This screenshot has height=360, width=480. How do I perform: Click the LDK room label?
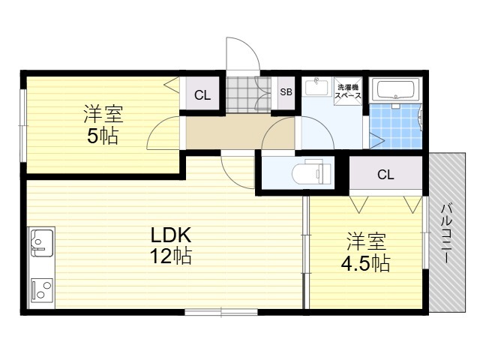tap(171, 235)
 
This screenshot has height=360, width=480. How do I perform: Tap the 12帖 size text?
tap(171, 256)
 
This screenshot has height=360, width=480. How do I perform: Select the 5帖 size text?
tap(103, 136)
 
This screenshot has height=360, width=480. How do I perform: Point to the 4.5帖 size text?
tap(366, 263)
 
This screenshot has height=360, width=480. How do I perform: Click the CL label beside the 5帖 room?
tap(202, 95)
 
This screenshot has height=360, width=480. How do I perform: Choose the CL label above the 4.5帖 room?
tap(385, 175)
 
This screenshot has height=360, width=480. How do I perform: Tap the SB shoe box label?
tap(286, 91)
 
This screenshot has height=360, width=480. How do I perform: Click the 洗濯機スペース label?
tap(348, 91)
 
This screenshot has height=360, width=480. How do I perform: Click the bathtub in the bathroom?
tap(395, 90)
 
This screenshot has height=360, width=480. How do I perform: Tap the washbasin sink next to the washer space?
tap(316, 86)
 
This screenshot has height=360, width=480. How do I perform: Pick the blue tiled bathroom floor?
tap(395, 126)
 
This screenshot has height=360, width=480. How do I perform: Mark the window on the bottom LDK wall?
tap(221, 312)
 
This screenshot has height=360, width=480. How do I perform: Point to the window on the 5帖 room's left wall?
tap(23, 125)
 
